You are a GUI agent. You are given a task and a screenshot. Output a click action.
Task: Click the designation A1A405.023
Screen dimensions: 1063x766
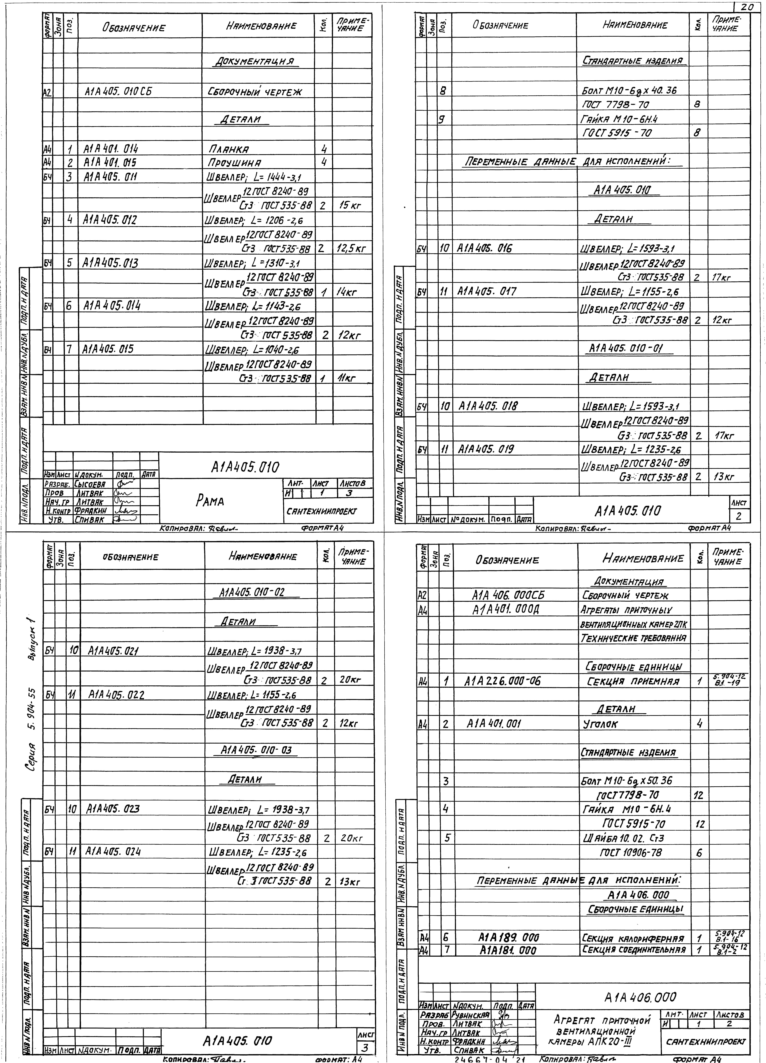point(113,809)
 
